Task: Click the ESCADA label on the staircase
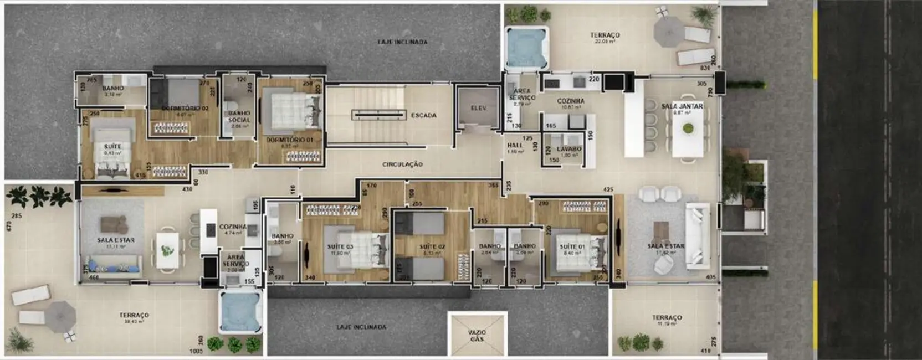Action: click(x=423, y=116)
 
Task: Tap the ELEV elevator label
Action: click(x=478, y=109)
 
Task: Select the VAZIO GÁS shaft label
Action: click(x=477, y=335)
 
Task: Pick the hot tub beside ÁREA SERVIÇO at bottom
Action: click(x=240, y=311)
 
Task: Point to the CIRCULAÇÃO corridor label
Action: click(x=402, y=164)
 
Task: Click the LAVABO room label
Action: click(x=569, y=149)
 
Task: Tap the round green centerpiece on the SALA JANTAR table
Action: click(x=688, y=128)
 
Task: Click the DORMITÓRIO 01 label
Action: click(x=289, y=140)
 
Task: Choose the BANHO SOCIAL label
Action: click(x=239, y=116)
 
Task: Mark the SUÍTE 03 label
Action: click(x=340, y=247)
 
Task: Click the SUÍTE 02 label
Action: click(x=432, y=246)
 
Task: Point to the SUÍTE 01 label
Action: click(x=572, y=247)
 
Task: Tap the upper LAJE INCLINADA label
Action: click(x=402, y=42)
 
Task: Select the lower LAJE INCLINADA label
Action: click(x=361, y=327)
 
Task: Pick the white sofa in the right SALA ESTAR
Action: click(x=696, y=235)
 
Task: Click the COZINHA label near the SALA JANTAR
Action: click(x=570, y=101)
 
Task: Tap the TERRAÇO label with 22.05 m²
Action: click(x=605, y=35)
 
